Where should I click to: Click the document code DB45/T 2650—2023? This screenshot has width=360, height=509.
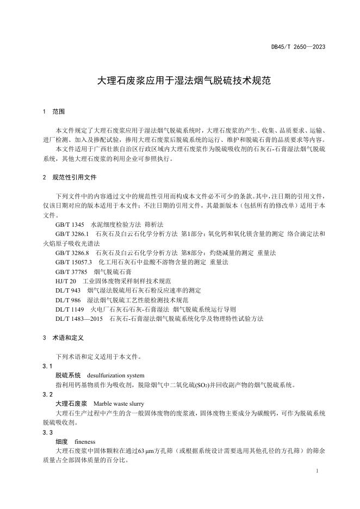298,47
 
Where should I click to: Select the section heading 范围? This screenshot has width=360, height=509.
59,111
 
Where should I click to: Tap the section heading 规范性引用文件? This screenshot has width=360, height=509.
75,177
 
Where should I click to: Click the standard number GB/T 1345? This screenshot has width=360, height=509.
70,225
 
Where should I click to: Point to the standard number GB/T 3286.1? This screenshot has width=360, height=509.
72,234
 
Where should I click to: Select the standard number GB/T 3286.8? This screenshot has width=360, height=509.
72,253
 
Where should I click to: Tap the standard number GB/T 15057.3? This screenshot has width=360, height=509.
74,262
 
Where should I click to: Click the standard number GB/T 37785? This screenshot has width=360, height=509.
71,271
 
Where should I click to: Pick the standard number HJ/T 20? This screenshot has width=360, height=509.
66,281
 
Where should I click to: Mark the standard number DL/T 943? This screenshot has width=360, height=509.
68,290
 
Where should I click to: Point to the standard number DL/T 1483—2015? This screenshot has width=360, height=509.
79,319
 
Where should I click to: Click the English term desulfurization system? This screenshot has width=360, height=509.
115,376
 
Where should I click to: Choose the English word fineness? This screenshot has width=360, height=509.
85,442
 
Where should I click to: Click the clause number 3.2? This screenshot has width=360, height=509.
48,394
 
